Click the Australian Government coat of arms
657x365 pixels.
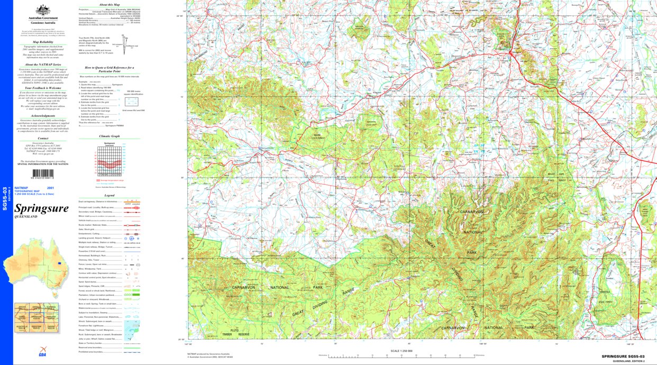[x=43, y=10]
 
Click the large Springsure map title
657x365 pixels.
[x=42, y=208]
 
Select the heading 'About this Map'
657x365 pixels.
[x=109, y=4]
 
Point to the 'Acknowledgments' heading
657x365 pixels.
[x=43, y=115]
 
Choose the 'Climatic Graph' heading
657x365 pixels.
[x=109, y=136]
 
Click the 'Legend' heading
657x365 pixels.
[x=109, y=195]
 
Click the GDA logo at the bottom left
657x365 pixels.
[x=42, y=354]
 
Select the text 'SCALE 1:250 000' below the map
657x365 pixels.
[x=400, y=351]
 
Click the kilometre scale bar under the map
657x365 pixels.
[x=400, y=355]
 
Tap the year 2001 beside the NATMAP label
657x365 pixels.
[x=50, y=188]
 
